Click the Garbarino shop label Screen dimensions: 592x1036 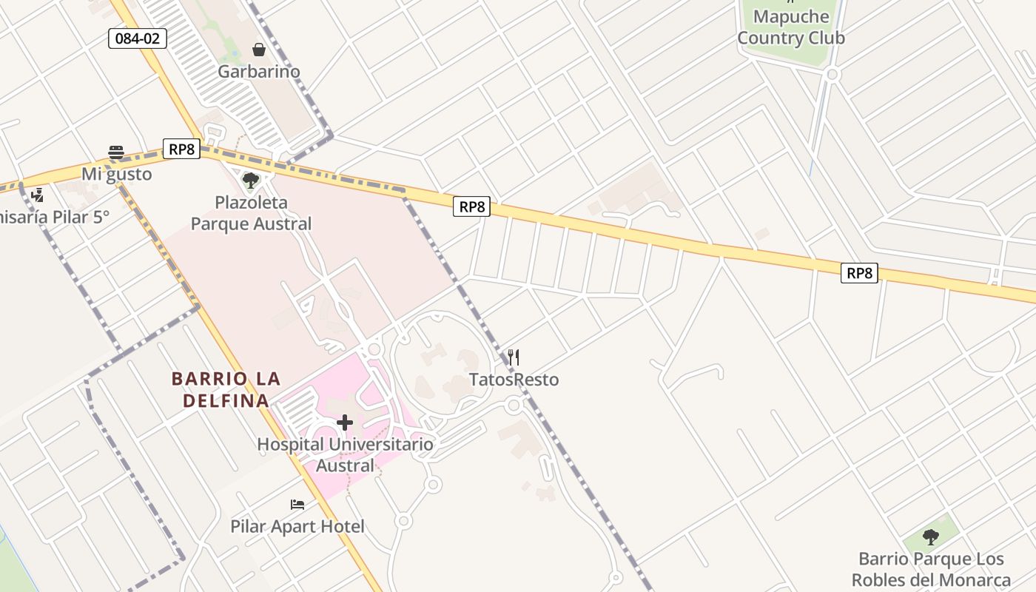tap(258, 72)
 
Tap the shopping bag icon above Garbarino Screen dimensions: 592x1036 tap(258, 50)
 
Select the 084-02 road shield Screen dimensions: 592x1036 tap(138, 38)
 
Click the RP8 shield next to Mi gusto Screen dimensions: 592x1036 tap(181, 149)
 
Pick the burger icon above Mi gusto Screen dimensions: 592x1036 tap(116, 152)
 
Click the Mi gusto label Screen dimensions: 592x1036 tap(116, 174)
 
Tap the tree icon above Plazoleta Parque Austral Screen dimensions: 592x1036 tap(251, 180)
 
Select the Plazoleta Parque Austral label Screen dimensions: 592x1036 tap(251, 212)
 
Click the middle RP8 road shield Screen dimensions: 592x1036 tap(471, 206)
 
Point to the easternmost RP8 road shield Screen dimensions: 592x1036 tap(859, 273)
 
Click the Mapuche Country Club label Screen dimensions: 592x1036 tap(790, 27)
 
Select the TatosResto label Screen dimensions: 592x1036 tap(514, 380)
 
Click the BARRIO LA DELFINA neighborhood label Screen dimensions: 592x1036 tap(226, 390)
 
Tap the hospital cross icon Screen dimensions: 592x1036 tap(345, 423)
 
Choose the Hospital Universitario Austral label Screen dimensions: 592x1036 tap(345, 454)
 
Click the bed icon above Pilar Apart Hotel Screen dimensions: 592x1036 tap(297, 505)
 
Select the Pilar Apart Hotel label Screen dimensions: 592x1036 tap(297, 526)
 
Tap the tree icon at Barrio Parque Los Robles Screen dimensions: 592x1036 tap(931, 536)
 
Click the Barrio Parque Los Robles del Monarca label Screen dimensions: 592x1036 tap(931, 569)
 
